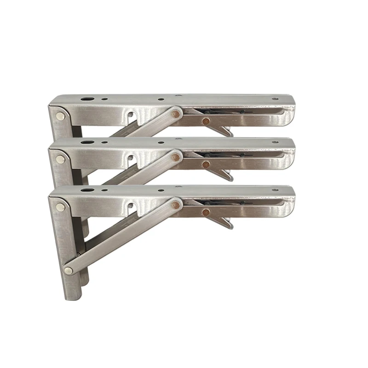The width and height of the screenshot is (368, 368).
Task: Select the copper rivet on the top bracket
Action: click(205, 121)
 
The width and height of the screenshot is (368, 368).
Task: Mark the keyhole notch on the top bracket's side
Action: click(131, 115)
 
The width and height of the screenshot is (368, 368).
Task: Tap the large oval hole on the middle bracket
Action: click(87, 143)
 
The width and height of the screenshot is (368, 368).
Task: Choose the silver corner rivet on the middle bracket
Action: click(60, 160)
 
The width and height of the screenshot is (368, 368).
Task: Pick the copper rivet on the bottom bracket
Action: click(205, 212)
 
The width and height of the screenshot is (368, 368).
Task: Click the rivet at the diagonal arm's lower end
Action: click(69, 270)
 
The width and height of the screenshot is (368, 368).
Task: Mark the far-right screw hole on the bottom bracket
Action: click(275, 190)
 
